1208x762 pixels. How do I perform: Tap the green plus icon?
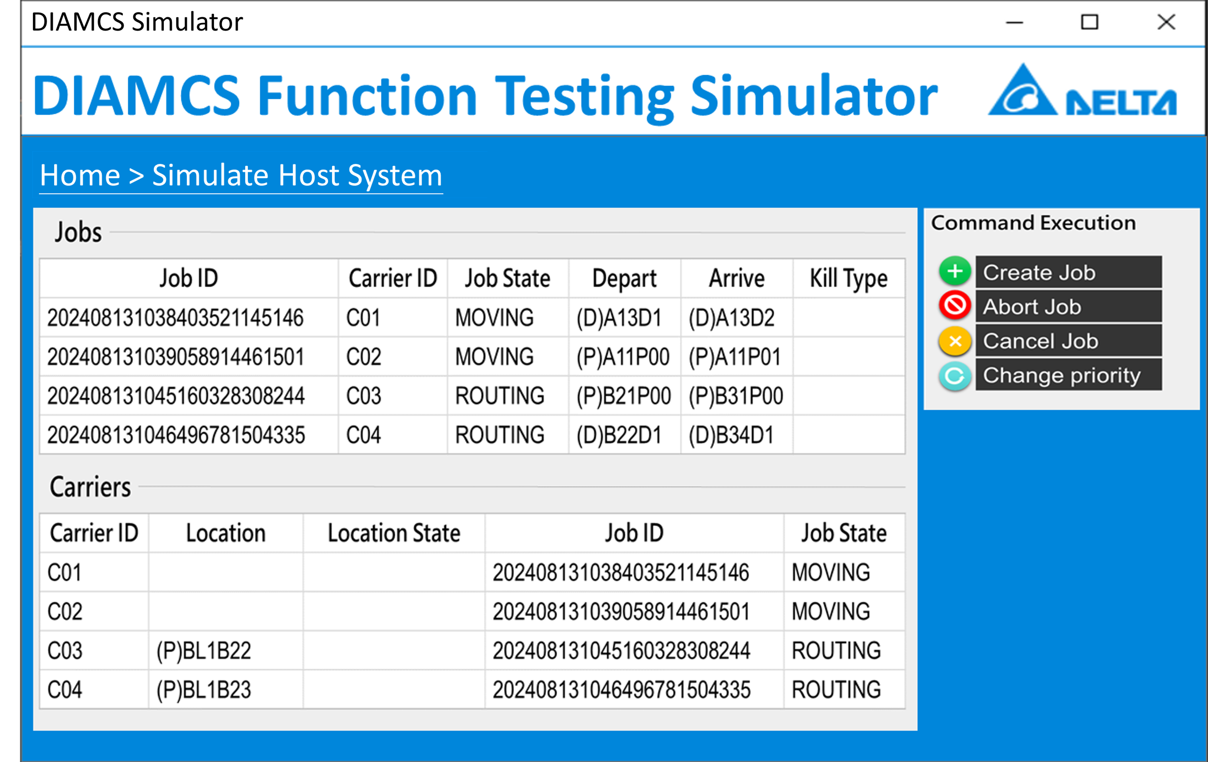pyautogui.click(x=955, y=271)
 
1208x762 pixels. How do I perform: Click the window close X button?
pyautogui.click(x=1167, y=22)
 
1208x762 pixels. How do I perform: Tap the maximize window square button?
pyautogui.click(x=1089, y=22)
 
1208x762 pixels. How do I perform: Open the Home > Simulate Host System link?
pyautogui.click(x=241, y=175)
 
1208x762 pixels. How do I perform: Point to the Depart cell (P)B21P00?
pyautogui.click(x=624, y=396)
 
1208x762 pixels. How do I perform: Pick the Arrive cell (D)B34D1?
pyautogui.click(x=731, y=435)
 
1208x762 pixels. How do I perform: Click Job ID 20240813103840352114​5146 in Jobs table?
pyautogui.click(x=176, y=318)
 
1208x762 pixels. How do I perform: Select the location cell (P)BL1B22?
pyautogui.click(x=204, y=651)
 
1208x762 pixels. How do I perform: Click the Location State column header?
pyautogui.click(x=394, y=533)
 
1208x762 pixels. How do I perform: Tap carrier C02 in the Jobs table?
pyautogui.click(x=364, y=357)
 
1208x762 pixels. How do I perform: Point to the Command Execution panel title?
pyautogui.click(x=1033, y=223)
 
